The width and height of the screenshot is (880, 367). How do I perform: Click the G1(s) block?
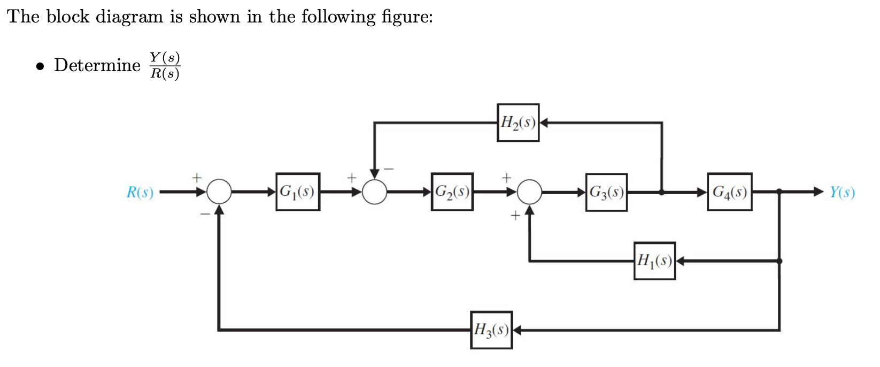298,192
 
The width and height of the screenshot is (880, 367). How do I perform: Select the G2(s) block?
452,192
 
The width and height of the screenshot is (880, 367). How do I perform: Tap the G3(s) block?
606,192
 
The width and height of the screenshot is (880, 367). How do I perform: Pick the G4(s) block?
730,192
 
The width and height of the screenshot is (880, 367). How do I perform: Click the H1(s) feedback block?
654,261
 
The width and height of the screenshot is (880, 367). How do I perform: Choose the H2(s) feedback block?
518,123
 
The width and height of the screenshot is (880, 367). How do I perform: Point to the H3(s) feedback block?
491,330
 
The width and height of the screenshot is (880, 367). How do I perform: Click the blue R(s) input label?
140,192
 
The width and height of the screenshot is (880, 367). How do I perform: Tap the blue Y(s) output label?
842,192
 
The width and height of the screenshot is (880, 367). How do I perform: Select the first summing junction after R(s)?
219,192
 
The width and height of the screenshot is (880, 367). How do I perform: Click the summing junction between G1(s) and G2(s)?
375,192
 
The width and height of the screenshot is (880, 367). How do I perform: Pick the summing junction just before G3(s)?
529,192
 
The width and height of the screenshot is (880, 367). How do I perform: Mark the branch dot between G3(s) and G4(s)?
662,192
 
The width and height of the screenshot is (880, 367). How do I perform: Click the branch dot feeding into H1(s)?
779,261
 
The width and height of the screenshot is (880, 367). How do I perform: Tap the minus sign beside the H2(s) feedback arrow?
389,170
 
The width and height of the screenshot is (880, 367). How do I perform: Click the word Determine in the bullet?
97,65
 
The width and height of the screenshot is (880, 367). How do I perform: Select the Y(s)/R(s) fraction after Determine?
165,65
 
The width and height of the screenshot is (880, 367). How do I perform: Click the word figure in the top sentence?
404,17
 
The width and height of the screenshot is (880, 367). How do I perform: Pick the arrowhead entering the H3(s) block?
517,330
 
